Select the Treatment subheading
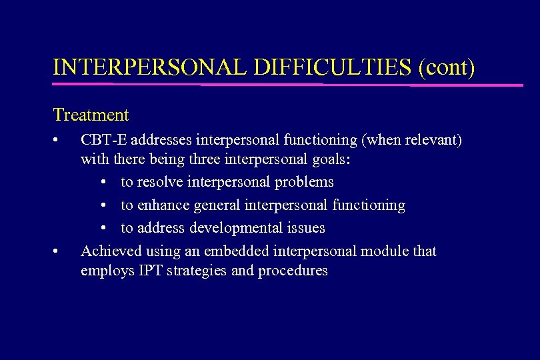(x=91, y=115)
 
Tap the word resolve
(x=160, y=182)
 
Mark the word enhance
(x=163, y=205)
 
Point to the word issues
(x=308, y=228)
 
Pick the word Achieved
(x=109, y=251)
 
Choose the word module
(x=387, y=251)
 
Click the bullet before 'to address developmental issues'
(x=106, y=228)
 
